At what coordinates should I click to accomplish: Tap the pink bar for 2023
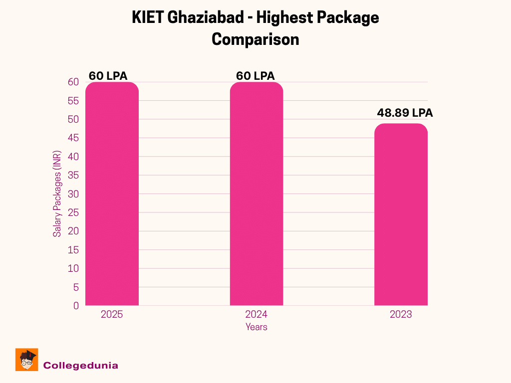coord(401,214)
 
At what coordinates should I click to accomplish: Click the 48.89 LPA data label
coord(405,113)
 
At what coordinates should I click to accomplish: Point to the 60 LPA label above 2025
coord(108,76)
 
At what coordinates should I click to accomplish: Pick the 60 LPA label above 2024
coord(255,76)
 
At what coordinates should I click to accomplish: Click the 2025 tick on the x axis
coord(112,315)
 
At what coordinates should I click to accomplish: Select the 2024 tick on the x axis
coord(256,315)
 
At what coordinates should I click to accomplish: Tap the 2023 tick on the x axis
coord(401,315)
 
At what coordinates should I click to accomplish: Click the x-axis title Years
coord(256,327)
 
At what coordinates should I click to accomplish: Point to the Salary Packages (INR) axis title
coord(57,193)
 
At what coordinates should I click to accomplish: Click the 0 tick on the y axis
coord(76,306)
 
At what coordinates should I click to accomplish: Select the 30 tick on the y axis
coord(73,194)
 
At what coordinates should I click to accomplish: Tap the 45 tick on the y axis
coord(73,138)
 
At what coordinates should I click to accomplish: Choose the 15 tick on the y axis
coord(73,250)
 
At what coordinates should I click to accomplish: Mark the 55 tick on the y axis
coord(73,101)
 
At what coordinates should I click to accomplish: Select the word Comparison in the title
coord(255,39)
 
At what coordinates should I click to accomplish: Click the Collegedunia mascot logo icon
coord(27,360)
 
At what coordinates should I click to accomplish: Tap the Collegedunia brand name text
coord(81,366)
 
